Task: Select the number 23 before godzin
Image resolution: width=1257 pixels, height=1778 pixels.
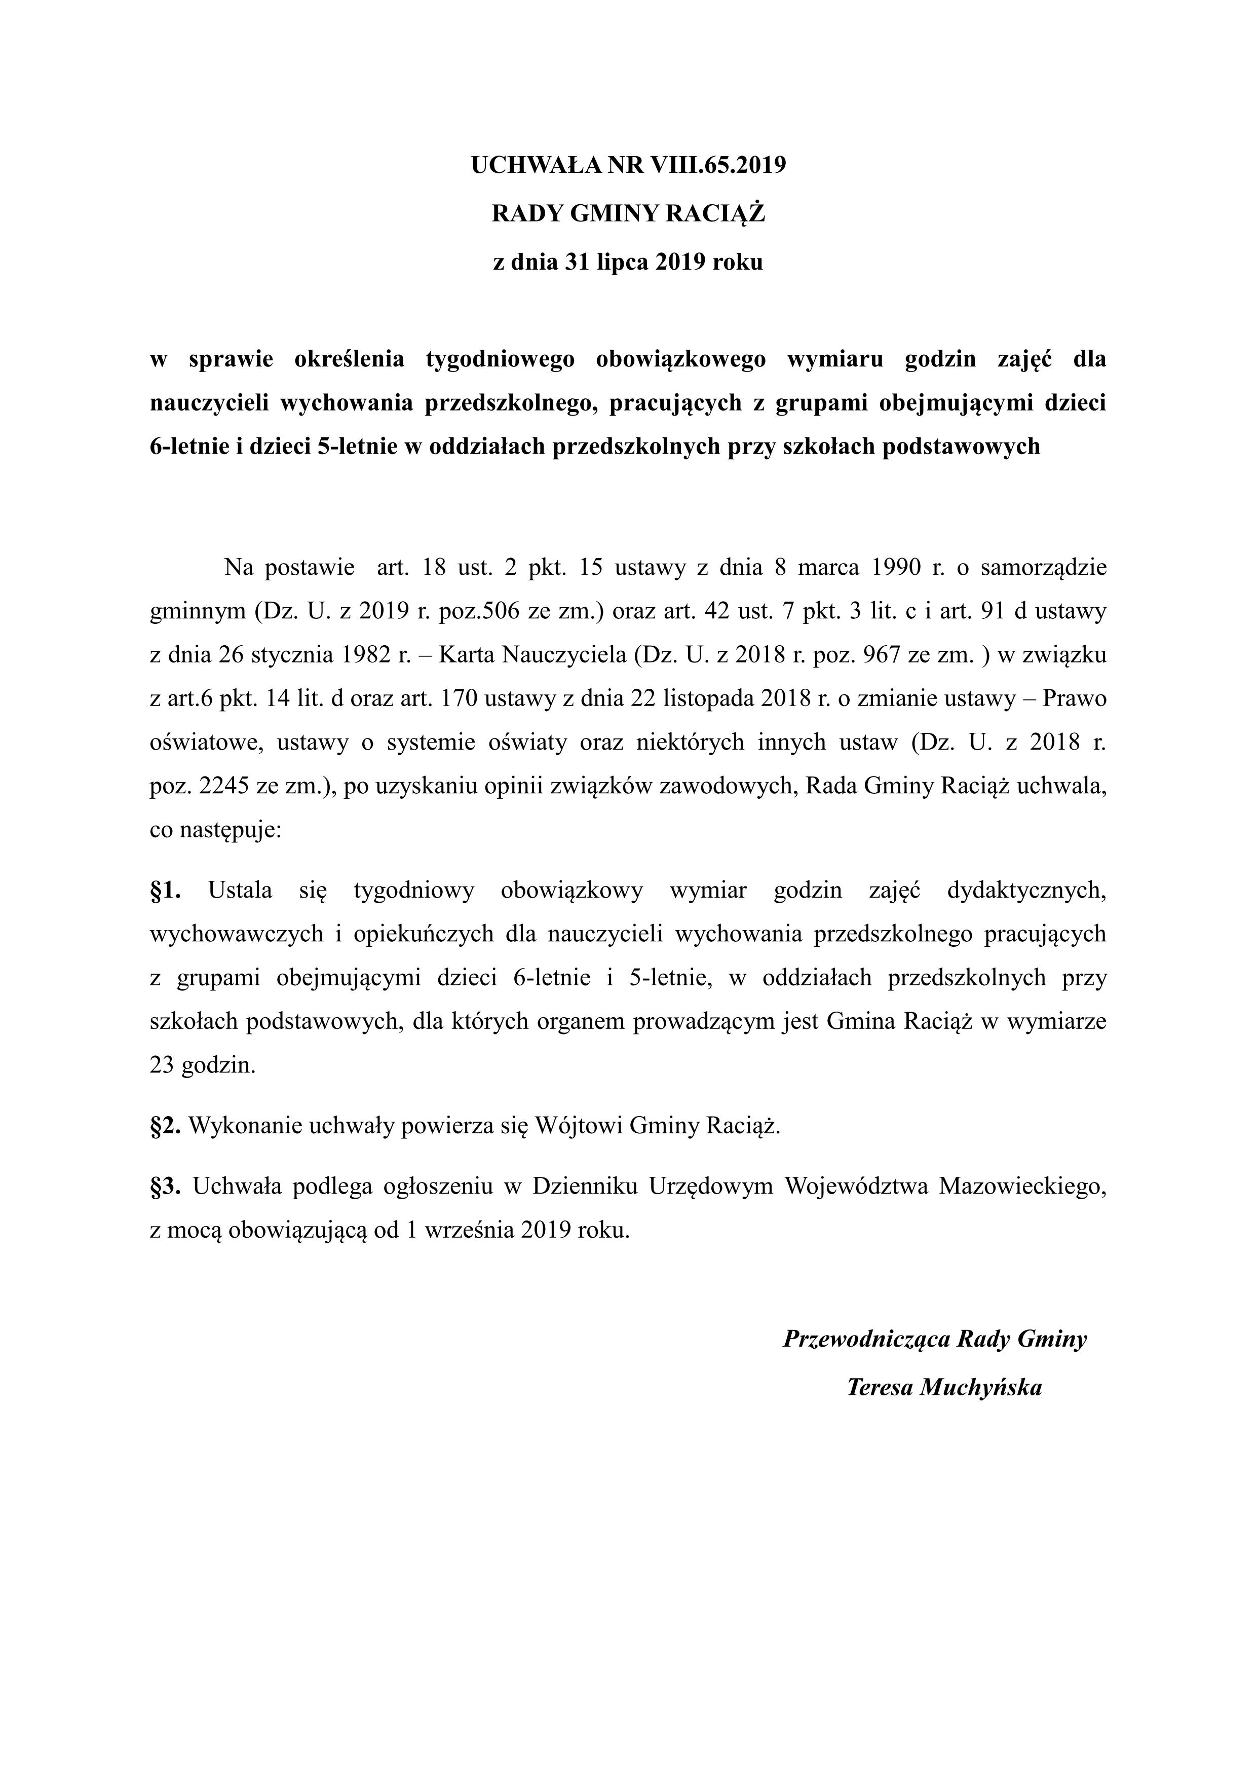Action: pos(162,1065)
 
